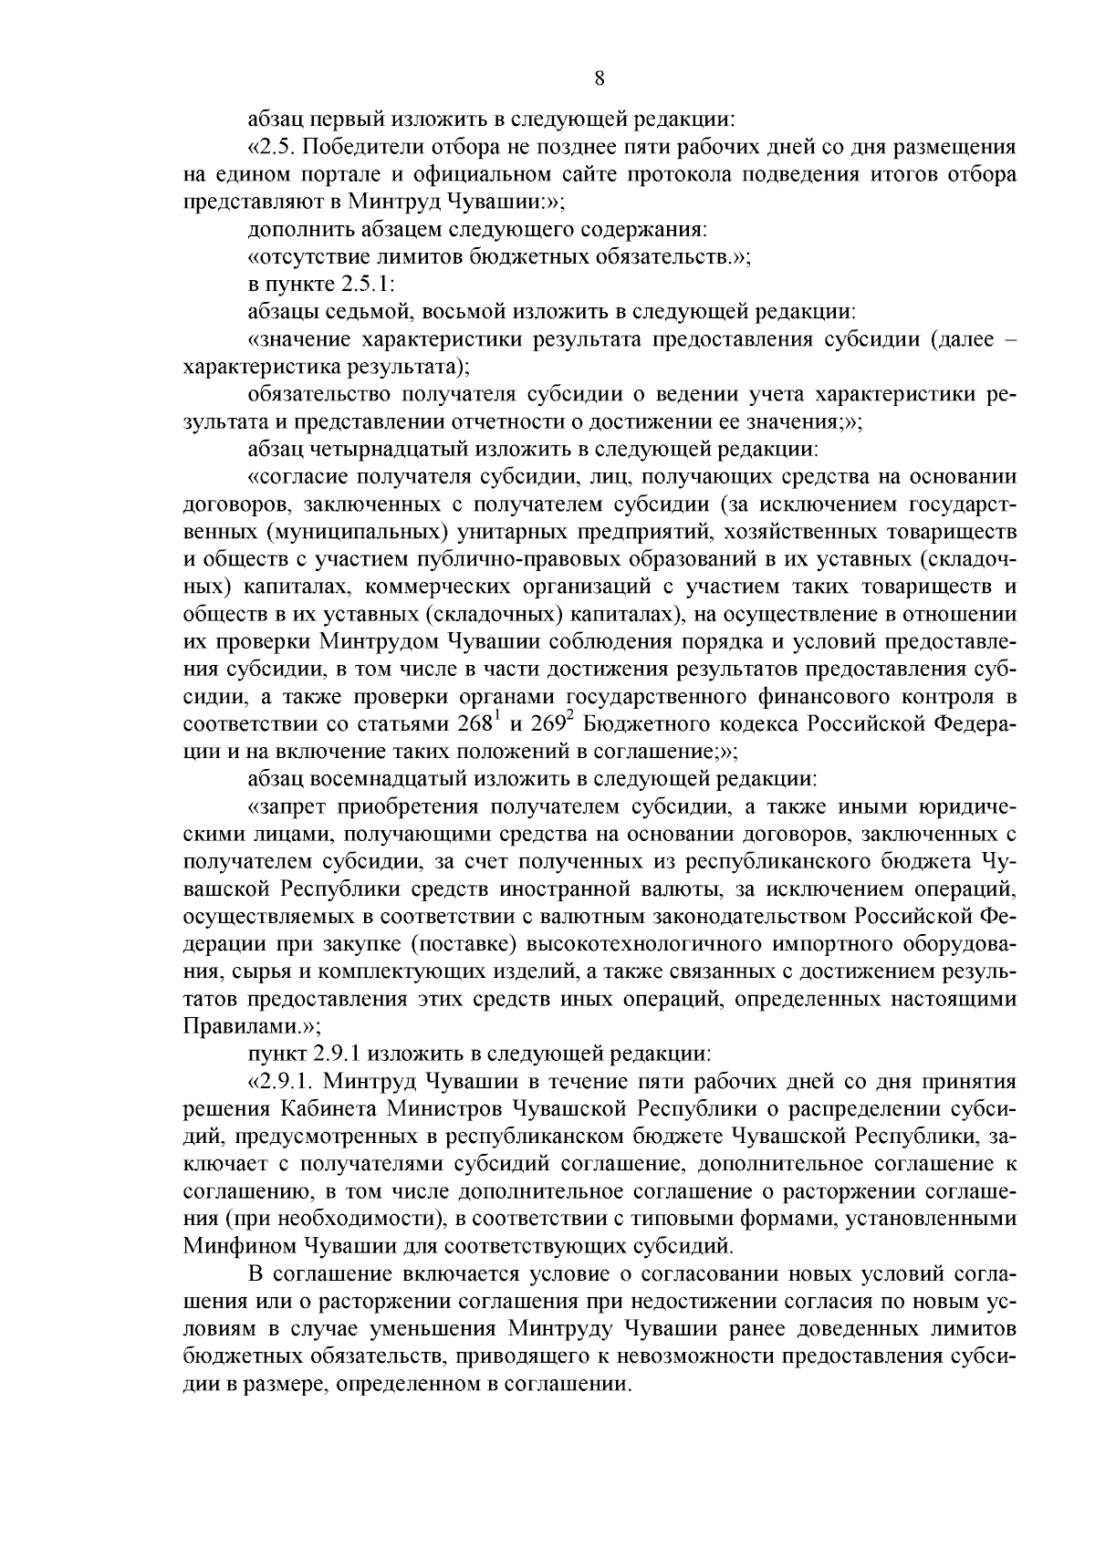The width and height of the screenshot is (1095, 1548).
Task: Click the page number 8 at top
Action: coord(600,78)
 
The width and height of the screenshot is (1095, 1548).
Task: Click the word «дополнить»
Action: coord(290,229)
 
